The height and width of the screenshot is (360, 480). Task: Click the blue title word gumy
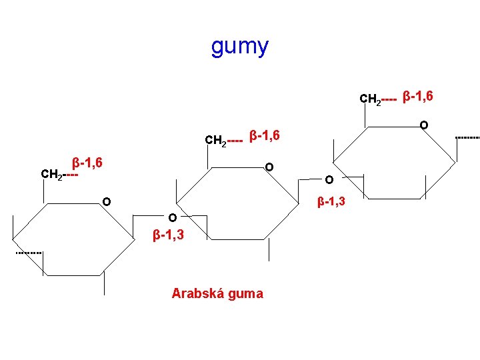coord(240,47)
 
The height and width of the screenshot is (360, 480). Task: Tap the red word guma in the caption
coord(247,294)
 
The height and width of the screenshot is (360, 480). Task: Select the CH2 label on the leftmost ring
coord(52,175)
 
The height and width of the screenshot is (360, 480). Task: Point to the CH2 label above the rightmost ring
coord(370,99)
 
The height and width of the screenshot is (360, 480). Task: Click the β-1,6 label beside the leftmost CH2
coord(87,162)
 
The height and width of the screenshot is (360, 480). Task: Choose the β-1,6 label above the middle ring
coord(263,136)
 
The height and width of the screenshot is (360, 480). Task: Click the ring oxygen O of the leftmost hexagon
coord(106,202)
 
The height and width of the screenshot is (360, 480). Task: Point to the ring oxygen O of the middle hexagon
coord(269,167)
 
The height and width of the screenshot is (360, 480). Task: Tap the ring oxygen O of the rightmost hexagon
coord(423,125)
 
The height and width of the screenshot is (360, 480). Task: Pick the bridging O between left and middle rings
coord(172,217)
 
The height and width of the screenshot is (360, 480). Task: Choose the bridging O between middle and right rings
coord(329,179)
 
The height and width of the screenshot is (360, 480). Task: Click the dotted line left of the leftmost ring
coord(29,253)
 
